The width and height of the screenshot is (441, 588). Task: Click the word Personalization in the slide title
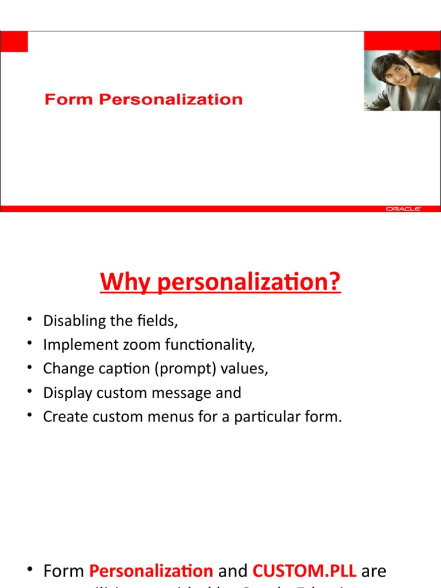[x=171, y=100]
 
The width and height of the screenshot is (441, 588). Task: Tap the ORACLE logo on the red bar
[x=403, y=209]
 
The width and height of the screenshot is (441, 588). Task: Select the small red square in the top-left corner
[x=14, y=41]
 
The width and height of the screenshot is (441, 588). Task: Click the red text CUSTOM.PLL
[x=304, y=571]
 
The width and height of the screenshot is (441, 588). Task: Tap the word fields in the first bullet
[x=160, y=321]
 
